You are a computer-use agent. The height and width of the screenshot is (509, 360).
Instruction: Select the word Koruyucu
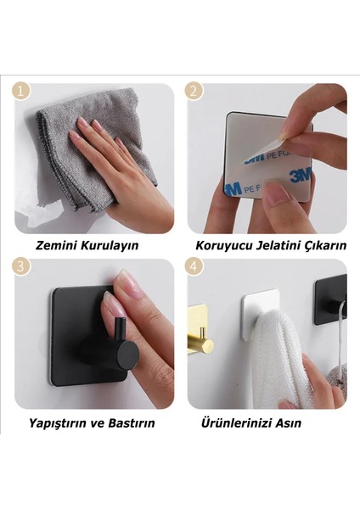coord(222,246)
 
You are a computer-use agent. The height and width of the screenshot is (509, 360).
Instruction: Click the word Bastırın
coord(132,422)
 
